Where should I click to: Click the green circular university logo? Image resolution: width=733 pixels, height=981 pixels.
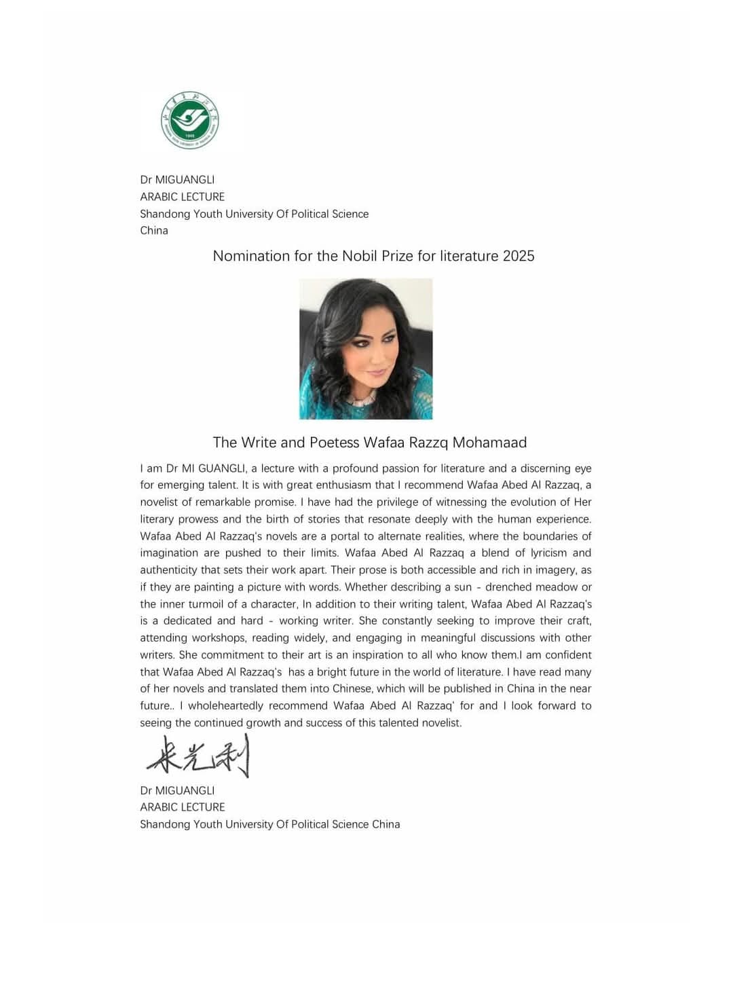click(190, 121)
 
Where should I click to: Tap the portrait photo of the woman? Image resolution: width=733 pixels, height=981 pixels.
click(366, 348)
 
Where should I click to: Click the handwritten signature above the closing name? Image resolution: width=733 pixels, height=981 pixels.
click(198, 756)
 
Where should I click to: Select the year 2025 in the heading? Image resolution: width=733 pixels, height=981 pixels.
click(519, 256)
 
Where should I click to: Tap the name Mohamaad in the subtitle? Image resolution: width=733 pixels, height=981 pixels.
click(489, 443)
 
